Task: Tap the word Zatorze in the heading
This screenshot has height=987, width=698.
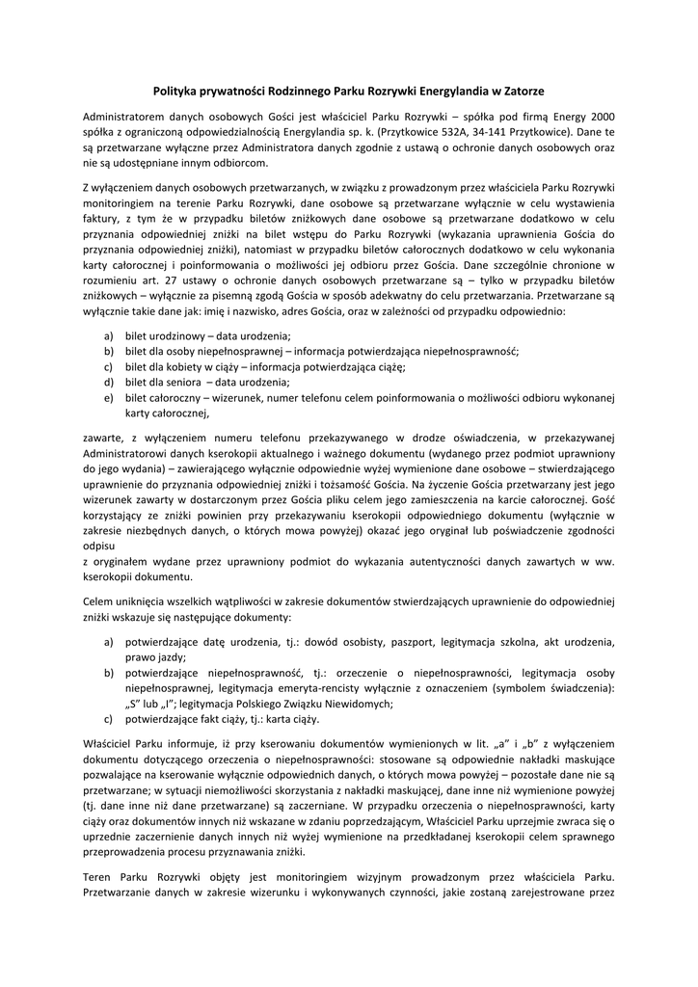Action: (x=518, y=91)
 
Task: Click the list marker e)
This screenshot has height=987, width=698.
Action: (x=108, y=397)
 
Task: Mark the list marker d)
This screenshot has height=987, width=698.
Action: (x=108, y=382)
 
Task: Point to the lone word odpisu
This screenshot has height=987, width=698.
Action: (x=100, y=545)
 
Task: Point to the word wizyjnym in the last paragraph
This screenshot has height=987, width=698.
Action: (x=400, y=876)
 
